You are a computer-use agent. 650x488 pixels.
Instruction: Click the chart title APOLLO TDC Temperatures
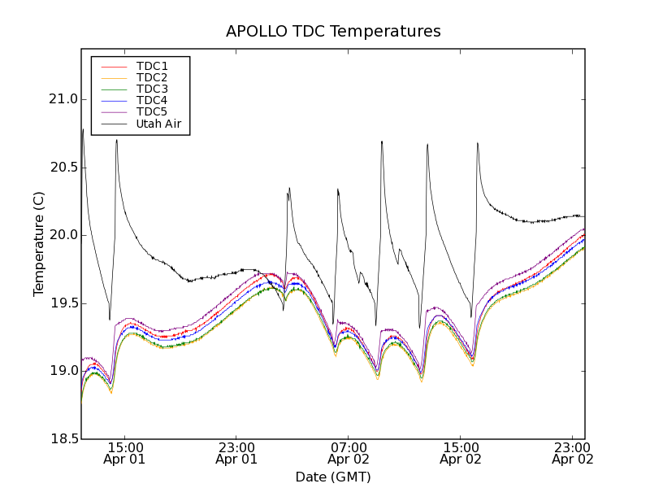pos(333,32)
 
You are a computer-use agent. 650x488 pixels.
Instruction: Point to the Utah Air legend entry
pos(158,124)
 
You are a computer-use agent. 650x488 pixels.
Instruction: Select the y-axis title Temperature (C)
pos(39,244)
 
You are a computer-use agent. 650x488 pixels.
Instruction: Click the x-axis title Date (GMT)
pos(333,477)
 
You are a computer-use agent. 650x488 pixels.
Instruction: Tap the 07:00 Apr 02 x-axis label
pos(349,453)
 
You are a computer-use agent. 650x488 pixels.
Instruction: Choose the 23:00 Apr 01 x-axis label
pos(236,453)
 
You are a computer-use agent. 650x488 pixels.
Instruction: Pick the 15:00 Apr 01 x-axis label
pos(124,453)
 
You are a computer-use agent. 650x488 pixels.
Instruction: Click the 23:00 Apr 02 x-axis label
pos(573,453)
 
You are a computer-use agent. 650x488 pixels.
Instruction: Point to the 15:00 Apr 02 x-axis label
pos(461,453)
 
